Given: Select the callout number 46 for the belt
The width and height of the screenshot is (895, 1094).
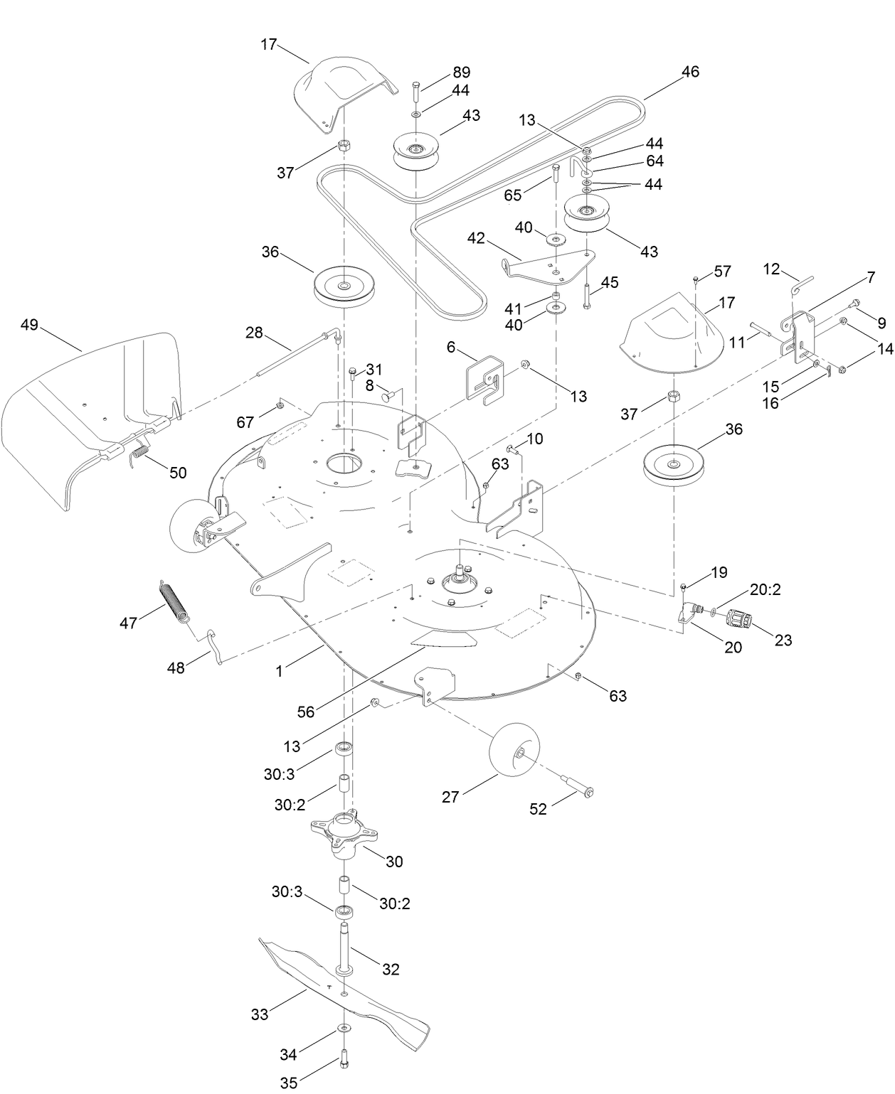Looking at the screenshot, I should [x=689, y=72].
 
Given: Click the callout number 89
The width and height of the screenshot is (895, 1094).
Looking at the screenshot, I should [x=461, y=73].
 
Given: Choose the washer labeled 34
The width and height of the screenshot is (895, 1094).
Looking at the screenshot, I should [x=344, y=1027].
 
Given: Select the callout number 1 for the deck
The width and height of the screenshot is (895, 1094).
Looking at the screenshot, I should [x=280, y=670].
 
